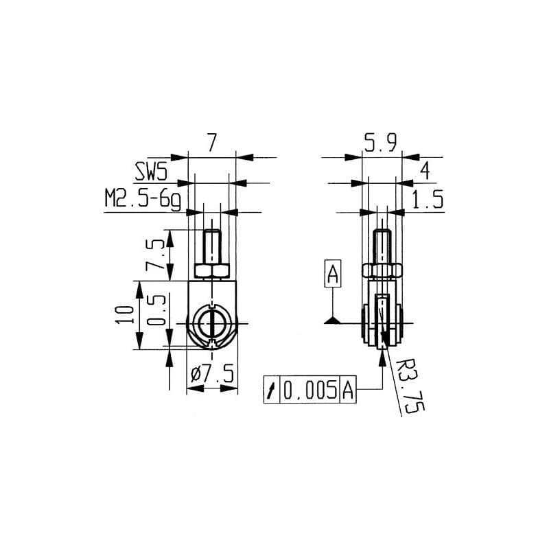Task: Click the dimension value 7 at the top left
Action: pos(211,144)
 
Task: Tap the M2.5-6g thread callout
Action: pos(142,200)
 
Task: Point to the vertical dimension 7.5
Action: pos(156,255)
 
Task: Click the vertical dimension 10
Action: pos(124,314)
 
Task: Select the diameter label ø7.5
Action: pos(213,375)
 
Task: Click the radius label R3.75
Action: pos(410,388)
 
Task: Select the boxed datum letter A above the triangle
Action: pos(332,274)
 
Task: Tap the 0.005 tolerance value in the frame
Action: pos(310,390)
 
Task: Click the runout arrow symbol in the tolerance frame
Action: pos(272,390)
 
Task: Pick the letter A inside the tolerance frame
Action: pos(347,390)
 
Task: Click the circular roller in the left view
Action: pos(212,323)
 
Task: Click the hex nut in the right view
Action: pos(382,269)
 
